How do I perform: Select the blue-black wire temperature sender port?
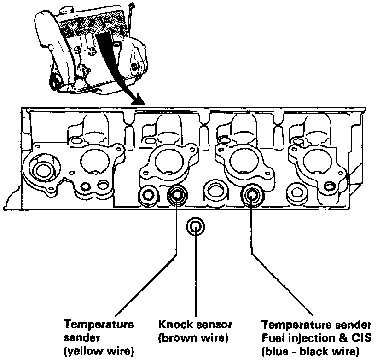click(x=251, y=195)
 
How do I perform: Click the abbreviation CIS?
click(x=357, y=339)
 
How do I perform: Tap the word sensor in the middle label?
click(x=212, y=325)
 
